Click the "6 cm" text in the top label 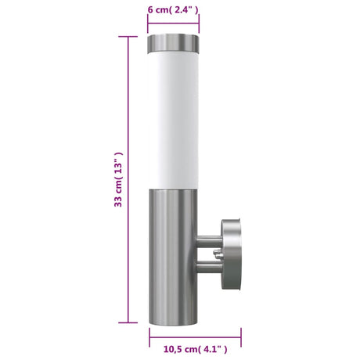(x=159, y=9)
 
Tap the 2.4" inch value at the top (x=186, y=9)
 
